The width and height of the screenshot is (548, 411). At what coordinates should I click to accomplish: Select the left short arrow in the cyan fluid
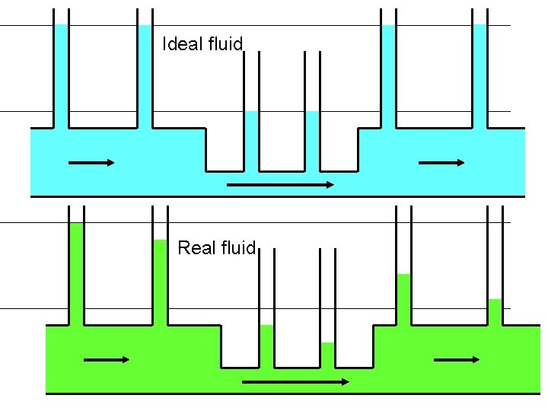point(91,162)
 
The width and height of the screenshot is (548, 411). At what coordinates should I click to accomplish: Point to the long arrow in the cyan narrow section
point(280,184)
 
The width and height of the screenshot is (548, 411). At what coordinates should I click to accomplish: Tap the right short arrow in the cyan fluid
point(441,162)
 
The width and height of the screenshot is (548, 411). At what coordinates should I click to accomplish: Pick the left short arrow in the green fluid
point(107,359)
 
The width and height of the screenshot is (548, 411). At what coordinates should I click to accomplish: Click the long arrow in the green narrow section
point(295,381)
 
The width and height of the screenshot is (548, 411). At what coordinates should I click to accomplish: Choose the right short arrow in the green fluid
point(457,359)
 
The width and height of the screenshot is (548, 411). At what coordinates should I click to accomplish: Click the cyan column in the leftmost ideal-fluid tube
point(61,76)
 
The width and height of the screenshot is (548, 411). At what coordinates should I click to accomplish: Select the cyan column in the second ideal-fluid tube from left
point(145,76)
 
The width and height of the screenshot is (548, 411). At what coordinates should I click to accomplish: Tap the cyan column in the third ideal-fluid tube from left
point(251,141)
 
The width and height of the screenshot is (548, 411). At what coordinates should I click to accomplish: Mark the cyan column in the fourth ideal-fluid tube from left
point(312,141)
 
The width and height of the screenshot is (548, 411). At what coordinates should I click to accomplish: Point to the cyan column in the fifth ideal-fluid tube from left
point(388,76)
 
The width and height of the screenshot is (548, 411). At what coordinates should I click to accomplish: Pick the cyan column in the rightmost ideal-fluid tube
point(479,76)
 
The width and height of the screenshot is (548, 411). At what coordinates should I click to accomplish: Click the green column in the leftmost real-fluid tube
point(76,274)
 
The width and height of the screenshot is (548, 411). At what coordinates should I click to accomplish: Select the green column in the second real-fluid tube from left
point(160,282)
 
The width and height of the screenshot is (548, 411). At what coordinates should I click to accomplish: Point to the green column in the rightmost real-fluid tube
point(495,312)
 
